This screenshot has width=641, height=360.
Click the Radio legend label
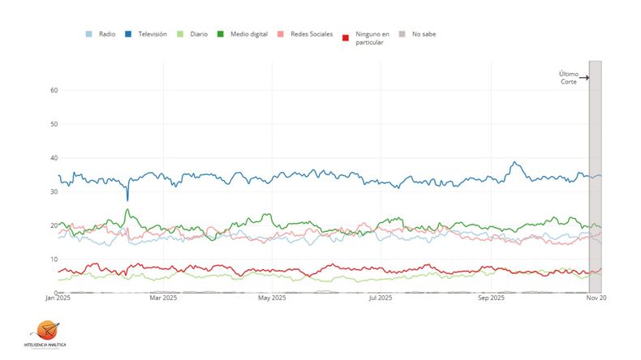click(107, 34)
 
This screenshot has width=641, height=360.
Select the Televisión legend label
click(153, 34)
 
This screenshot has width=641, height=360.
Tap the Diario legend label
click(200, 34)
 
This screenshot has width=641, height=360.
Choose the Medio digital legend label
click(249, 34)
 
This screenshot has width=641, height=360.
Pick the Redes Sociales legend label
click(311, 34)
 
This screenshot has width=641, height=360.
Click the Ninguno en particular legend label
click(372, 37)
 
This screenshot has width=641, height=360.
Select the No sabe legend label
click(424, 34)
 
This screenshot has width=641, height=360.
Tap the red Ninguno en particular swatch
click(346, 37)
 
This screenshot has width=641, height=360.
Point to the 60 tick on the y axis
click(53, 90)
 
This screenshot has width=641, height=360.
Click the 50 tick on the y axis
click(53, 124)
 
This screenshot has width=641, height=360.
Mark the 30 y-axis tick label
click(53, 191)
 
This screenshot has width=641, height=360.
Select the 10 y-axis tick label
click(53, 259)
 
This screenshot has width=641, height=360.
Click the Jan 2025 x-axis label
click(58, 298)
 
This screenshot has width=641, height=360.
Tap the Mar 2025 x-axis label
click(163, 298)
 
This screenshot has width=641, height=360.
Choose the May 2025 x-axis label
click(272, 298)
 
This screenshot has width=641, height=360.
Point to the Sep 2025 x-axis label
click(490, 298)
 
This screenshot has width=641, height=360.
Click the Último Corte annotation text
click(568, 78)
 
